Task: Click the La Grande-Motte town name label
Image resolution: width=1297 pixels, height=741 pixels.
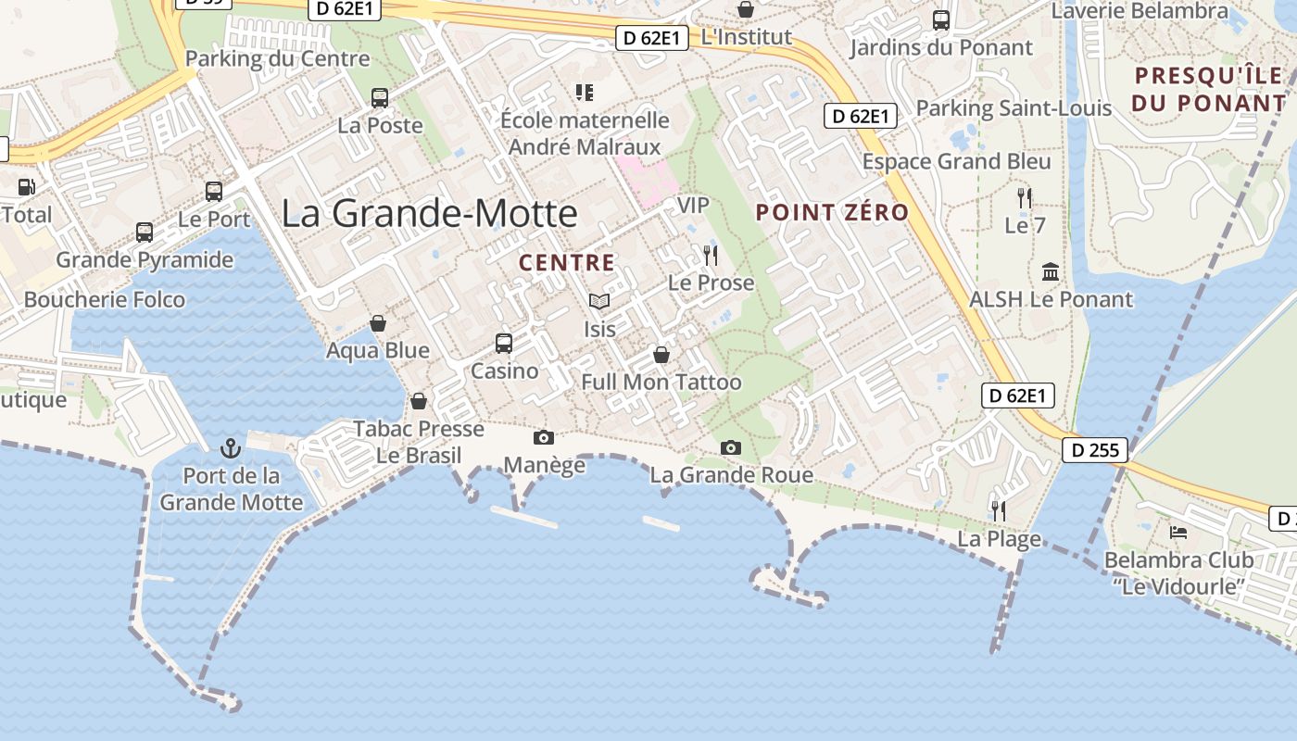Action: click(429, 214)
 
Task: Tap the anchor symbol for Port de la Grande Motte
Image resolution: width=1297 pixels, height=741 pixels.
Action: click(230, 449)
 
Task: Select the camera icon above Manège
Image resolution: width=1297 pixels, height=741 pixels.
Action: click(544, 437)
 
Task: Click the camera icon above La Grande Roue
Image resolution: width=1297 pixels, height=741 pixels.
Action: click(731, 448)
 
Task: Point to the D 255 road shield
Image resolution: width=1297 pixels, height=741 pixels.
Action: click(1095, 451)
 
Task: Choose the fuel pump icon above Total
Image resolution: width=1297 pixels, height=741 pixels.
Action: click(26, 186)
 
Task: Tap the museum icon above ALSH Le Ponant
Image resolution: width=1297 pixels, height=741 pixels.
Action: click(1051, 272)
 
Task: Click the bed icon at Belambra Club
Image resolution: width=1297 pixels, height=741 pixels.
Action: click(1178, 533)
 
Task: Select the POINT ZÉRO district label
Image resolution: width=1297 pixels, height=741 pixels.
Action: click(832, 212)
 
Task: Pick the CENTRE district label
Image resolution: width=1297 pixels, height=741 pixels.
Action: click(567, 263)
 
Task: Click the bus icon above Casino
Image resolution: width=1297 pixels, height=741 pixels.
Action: click(504, 344)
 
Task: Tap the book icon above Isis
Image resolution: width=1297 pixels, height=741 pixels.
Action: click(599, 301)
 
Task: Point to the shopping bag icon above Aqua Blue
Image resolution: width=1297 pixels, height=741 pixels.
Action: click(378, 323)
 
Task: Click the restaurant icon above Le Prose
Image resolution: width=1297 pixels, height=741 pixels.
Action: click(711, 256)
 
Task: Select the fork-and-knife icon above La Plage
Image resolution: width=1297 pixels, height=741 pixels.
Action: click(999, 510)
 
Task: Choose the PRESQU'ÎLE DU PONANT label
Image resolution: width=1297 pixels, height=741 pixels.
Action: click(1210, 89)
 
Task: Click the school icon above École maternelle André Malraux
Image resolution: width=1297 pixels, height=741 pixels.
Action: click(584, 92)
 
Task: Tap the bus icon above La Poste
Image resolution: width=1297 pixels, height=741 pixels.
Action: click(380, 97)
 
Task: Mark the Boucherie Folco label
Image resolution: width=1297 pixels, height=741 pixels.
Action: click(105, 300)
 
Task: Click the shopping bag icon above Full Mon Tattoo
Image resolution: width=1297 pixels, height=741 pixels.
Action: click(661, 355)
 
